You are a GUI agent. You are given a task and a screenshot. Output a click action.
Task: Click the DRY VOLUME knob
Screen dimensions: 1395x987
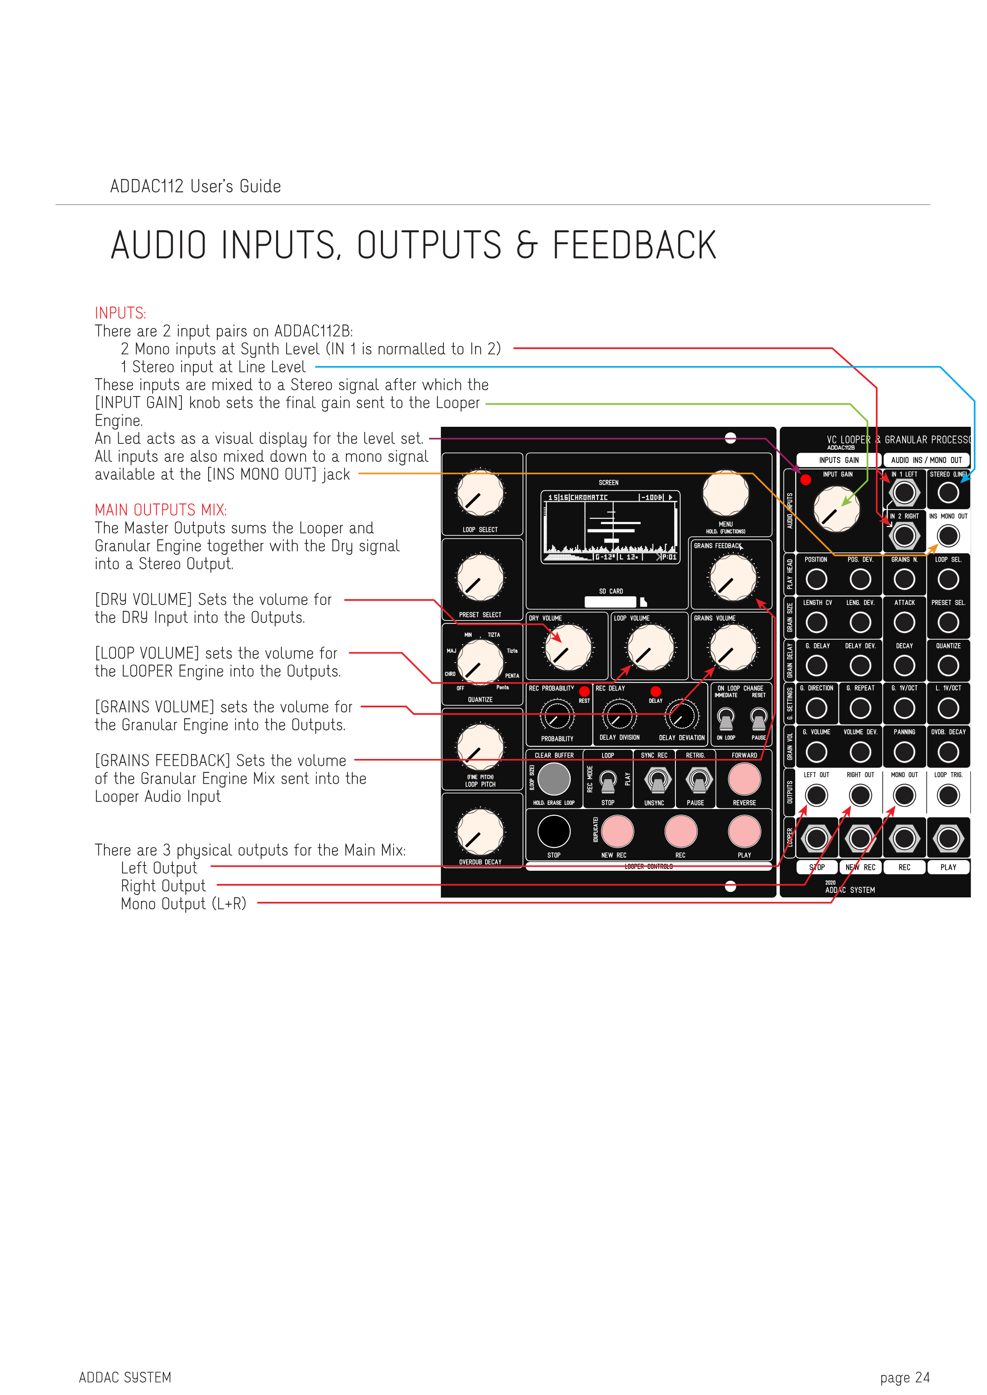568,648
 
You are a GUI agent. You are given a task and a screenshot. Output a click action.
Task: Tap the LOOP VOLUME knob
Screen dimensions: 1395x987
650,648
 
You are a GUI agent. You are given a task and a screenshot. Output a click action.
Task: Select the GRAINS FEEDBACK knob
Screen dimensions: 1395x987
733,578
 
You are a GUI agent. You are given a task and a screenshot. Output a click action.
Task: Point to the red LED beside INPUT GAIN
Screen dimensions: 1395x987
806,480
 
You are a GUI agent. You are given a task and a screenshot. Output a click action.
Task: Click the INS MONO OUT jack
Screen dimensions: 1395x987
948,536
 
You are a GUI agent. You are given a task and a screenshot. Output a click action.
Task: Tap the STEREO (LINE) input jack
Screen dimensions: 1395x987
948,493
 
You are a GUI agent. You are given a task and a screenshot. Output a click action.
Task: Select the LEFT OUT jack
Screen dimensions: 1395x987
816,795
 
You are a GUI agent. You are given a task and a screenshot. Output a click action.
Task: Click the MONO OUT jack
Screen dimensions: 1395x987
904,795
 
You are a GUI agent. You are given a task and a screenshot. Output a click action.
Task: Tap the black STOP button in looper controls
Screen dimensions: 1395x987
554,831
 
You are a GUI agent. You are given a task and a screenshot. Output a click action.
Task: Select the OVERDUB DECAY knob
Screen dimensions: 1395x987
480,831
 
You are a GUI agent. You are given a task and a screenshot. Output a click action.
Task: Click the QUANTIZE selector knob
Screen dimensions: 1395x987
480,662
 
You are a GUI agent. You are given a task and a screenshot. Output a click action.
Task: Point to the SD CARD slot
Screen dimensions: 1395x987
611,601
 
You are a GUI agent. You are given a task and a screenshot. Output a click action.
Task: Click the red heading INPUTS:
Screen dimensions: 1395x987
120,313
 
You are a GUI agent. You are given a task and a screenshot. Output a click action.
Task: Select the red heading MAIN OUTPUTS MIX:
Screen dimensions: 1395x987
160,510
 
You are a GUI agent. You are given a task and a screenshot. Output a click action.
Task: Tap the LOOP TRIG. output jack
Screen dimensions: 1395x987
948,795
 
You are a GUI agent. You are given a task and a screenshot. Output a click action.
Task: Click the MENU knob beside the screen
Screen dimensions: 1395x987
726,493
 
